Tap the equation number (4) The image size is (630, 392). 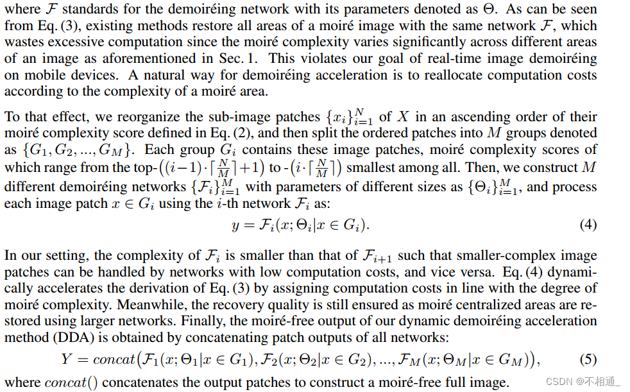[x=588, y=225]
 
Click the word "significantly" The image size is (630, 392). [x=414, y=42]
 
